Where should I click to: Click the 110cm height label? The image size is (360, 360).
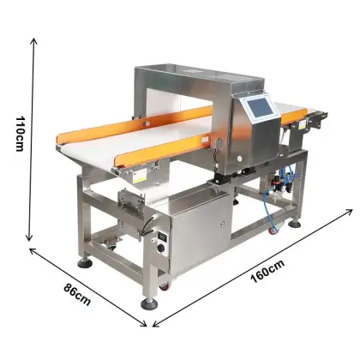[x=20, y=134]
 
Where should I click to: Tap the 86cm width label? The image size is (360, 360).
[x=77, y=294]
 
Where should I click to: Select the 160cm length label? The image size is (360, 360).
[x=267, y=271]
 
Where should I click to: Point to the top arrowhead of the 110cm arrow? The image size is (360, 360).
[x=34, y=40]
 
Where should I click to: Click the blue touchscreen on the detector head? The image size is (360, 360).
[x=261, y=108]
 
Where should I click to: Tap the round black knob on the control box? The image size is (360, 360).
[x=161, y=248]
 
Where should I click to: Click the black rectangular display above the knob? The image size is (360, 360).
[x=161, y=237]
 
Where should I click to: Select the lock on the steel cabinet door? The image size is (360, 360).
[x=223, y=225]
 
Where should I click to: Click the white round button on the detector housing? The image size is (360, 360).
[x=239, y=159]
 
